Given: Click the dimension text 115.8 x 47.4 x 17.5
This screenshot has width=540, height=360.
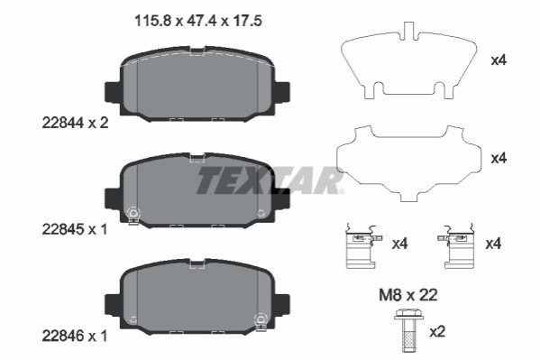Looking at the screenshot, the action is pyautogui.click(x=198, y=21).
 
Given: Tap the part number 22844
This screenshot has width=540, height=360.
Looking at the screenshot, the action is pyautogui.click(x=63, y=123).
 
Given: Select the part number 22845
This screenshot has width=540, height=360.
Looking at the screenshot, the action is pyautogui.click(x=63, y=229).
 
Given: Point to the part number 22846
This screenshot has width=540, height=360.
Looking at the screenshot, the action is pyautogui.click(x=63, y=336).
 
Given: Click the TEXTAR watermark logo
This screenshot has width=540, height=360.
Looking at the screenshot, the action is pyautogui.click(x=270, y=180).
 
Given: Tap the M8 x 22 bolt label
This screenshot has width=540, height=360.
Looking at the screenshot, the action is pyautogui.click(x=408, y=295).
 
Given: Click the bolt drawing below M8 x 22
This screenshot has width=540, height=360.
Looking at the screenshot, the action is pyautogui.click(x=407, y=330).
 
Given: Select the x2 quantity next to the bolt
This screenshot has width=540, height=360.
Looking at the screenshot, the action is pyautogui.click(x=437, y=332).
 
